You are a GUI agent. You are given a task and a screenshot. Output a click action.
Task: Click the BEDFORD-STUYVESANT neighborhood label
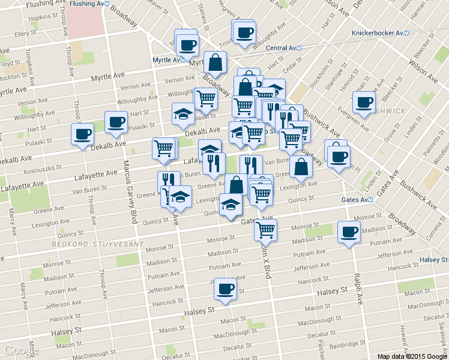point(97,245)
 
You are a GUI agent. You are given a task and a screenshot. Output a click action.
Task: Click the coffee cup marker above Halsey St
point(226,289)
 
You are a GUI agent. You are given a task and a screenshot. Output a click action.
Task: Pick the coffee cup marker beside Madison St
point(348,232)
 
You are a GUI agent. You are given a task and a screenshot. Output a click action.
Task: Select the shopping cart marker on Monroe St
point(266,229)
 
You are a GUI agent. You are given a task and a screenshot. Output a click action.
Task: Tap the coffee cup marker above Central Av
point(244,32)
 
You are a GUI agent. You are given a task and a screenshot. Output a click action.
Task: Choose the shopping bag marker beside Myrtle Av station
point(215,61)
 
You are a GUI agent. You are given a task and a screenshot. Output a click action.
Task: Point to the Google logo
point(20,350)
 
